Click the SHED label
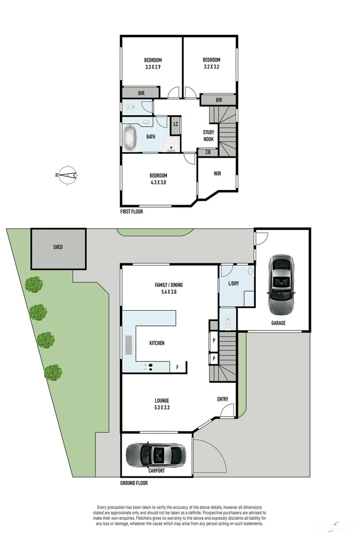58,247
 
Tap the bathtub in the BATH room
130,137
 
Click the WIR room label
217,173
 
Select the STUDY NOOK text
208,136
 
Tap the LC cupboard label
175,124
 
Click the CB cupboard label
208,152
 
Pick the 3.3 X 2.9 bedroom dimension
153,67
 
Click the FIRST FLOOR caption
131,212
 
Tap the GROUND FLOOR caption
133,483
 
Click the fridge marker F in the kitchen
177,367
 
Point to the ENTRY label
222,399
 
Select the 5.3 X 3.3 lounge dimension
162,407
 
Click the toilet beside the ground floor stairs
228,321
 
